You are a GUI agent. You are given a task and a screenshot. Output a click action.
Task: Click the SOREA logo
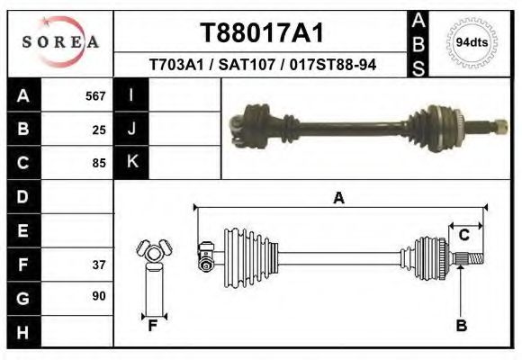point(61,41)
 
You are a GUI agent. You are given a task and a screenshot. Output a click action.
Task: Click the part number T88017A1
point(261,33)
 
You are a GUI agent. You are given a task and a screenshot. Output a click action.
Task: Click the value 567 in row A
point(95,96)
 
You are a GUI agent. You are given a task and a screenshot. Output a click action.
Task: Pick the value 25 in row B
point(99,130)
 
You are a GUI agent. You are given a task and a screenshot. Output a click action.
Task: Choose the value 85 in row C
point(99,163)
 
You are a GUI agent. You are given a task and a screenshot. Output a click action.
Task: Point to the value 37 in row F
point(99,265)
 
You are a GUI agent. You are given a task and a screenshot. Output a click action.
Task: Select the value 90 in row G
point(99,296)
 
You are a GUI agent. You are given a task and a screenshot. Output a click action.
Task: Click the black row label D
point(23,196)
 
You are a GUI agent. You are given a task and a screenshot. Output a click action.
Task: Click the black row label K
point(131,162)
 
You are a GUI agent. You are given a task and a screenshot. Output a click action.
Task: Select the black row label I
point(131,95)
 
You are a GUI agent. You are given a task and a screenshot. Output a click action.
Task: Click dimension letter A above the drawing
point(339,199)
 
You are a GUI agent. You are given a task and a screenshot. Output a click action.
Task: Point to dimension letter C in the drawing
point(464,236)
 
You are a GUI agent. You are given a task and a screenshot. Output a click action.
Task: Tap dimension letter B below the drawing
point(462,326)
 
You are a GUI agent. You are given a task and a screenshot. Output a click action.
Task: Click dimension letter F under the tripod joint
point(154,326)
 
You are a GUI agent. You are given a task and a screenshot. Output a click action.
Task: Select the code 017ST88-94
point(337,66)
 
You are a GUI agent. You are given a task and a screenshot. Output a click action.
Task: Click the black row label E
point(23,230)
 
